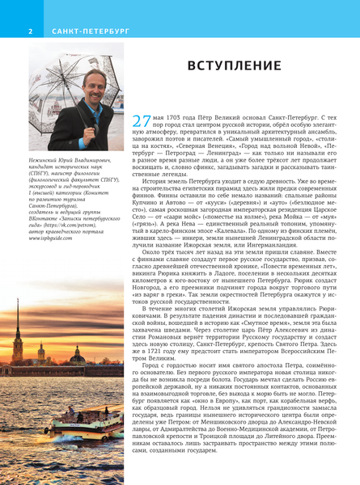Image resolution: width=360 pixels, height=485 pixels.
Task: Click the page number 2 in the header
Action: click(30, 32)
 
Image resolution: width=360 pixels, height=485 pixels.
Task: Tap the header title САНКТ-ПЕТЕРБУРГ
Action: click(79, 32)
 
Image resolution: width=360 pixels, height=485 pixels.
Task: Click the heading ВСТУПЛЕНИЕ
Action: click(235, 65)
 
